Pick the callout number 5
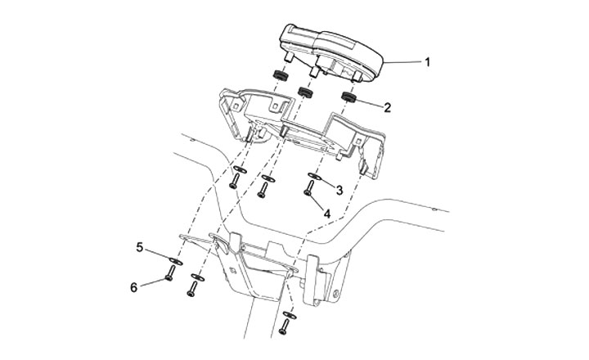[140, 245]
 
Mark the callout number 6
[134, 287]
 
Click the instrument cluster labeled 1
[332, 52]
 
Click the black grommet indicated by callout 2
[348, 98]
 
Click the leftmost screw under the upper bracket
[234, 183]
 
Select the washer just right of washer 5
[196, 277]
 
